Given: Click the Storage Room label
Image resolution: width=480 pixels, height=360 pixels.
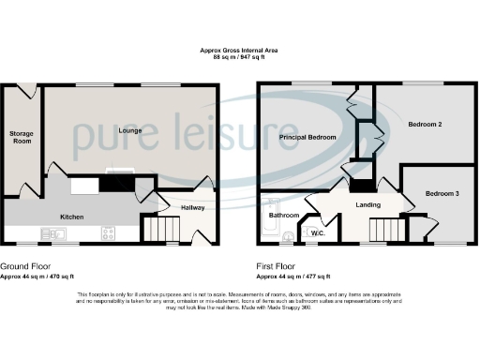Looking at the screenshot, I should tap(22, 139).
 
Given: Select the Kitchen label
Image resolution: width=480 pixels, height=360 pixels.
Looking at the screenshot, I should tap(72, 217).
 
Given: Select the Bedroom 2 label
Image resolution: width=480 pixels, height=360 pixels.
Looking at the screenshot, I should tap(425, 124).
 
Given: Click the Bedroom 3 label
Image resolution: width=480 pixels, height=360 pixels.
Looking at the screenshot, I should tap(442, 193).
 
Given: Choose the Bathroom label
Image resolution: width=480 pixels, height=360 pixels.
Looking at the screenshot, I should tap(284, 216).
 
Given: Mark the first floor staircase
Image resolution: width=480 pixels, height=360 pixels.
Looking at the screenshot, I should tap(385, 228).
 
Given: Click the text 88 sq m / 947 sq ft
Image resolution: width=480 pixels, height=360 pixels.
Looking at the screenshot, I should tap(239, 58).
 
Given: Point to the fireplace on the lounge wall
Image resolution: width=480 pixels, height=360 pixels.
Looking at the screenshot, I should tap(120, 172).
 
